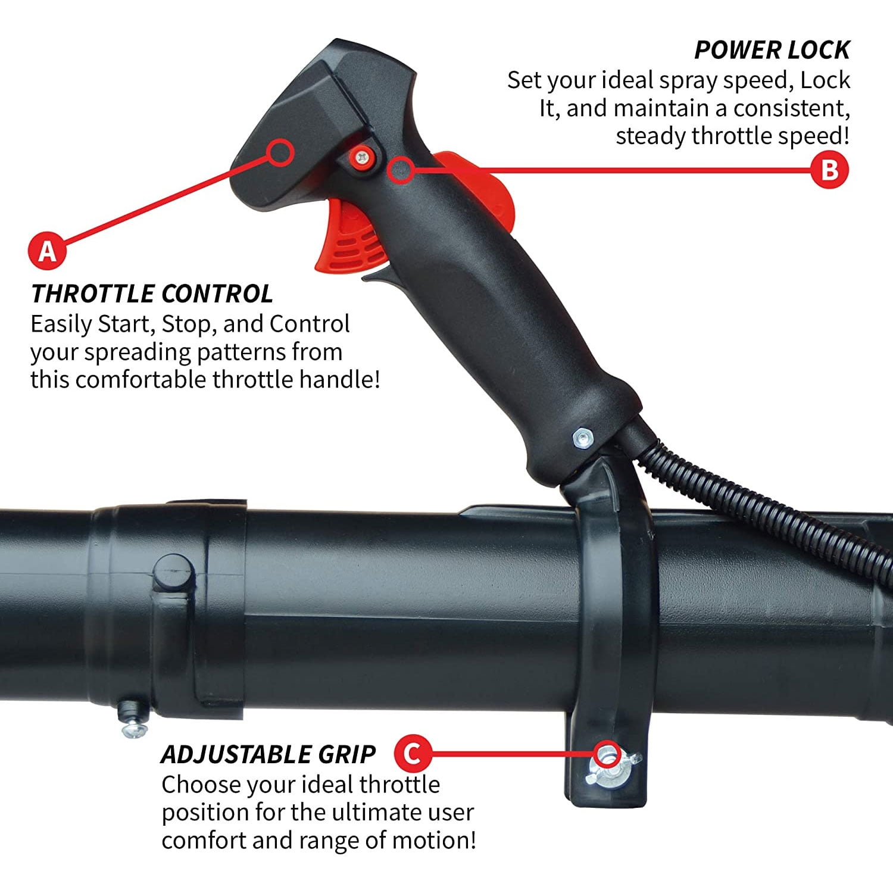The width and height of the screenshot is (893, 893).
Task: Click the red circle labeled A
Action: click(x=47, y=251)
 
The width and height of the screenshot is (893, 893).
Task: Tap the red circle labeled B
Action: click(x=829, y=170)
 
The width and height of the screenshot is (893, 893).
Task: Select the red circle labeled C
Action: click(x=413, y=753)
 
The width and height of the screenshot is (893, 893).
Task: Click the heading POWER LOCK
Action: click(x=772, y=50)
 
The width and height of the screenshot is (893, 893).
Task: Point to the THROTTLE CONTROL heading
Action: click(x=152, y=293)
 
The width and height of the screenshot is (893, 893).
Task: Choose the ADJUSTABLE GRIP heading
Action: click(x=268, y=754)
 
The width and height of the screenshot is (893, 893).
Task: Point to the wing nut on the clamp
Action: click(x=610, y=763)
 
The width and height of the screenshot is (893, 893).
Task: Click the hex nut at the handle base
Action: click(x=582, y=438)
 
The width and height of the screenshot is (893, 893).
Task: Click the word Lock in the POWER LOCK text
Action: click(x=825, y=80)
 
